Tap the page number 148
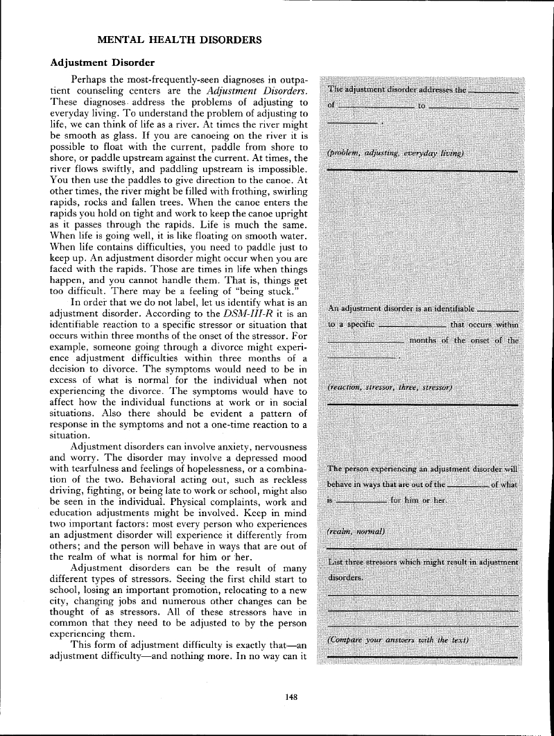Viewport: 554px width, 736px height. coord(292,698)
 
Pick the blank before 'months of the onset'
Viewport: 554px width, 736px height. coord(365,341)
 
